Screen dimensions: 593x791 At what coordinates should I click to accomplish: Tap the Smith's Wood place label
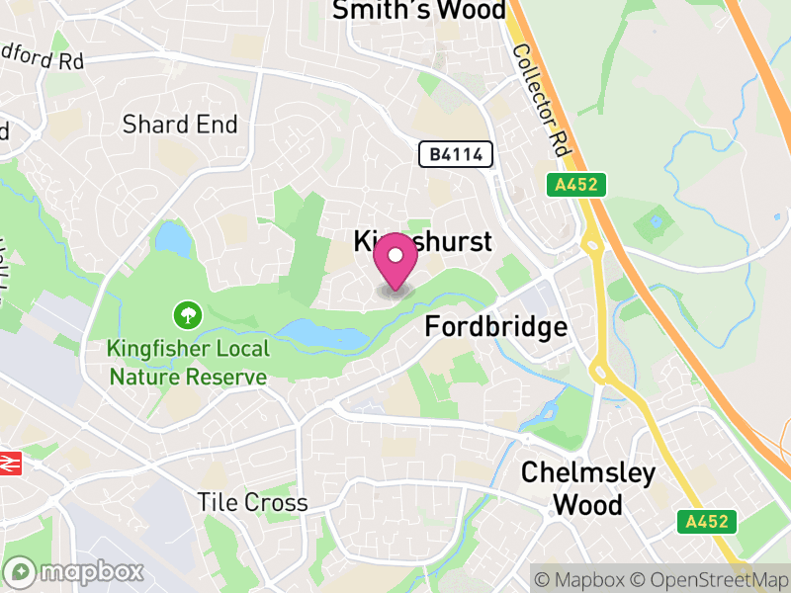(418, 11)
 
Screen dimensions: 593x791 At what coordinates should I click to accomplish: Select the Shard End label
(180, 125)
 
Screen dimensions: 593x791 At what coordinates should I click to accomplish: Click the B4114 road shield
(455, 154)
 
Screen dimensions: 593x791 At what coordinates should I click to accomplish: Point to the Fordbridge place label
(495, 327)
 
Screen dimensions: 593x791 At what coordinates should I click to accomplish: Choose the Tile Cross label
(252, 502)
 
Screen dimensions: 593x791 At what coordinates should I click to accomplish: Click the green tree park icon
(185, 316)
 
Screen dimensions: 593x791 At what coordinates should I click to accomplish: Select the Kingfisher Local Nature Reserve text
(188, 363)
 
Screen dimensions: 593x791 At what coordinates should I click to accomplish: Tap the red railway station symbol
(10, 462)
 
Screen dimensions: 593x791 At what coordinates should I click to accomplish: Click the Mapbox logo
(75, 571)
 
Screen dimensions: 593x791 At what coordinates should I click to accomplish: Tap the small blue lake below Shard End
(172, 238)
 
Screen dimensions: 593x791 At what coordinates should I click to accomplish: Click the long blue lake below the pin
(321, 335)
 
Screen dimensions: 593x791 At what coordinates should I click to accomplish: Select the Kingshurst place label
(422, 241)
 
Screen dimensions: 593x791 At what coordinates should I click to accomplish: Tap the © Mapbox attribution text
(589, 578)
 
